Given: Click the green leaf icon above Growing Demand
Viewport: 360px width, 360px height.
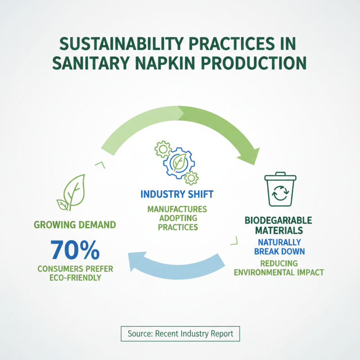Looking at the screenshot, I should point(71,193).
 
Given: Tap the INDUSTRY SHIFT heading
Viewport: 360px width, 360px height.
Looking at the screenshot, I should point(177,194).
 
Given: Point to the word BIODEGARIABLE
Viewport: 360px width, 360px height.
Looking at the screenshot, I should point(279,221).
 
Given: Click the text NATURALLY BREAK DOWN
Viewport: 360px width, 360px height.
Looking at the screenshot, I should point(279,246).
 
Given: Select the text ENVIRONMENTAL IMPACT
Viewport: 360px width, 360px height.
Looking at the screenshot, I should point(279,272).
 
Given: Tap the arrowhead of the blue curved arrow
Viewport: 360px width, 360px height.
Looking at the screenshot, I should point(135,261).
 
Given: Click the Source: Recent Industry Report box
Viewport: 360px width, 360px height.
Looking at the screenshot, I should point(180,334).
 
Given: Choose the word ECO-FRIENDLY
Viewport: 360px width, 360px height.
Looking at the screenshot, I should point(76,278).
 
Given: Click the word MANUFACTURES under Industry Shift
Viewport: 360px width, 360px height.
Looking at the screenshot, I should point(177,209).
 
